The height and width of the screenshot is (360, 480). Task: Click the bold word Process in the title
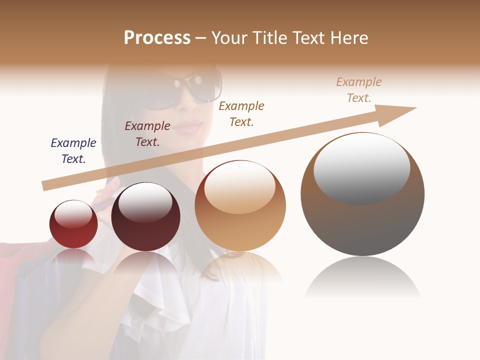click(157, 38)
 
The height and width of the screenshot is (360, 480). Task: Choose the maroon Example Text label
click(147, 134)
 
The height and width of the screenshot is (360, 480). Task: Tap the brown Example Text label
click(241, 114)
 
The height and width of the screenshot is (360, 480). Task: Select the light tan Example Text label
click(359, 90)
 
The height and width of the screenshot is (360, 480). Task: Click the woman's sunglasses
click(192, 90)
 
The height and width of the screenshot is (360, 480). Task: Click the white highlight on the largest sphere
click(361, 167)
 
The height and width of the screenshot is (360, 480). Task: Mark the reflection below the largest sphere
click(362, 277)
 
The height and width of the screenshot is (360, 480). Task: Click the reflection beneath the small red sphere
click(73, 257)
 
